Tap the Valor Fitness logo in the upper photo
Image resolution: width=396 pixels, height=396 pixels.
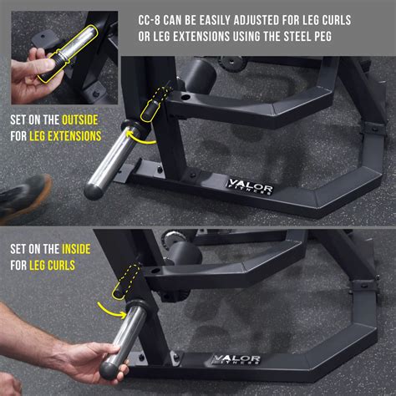(249, 186)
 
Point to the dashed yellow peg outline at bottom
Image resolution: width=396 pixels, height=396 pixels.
(130, 281)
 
